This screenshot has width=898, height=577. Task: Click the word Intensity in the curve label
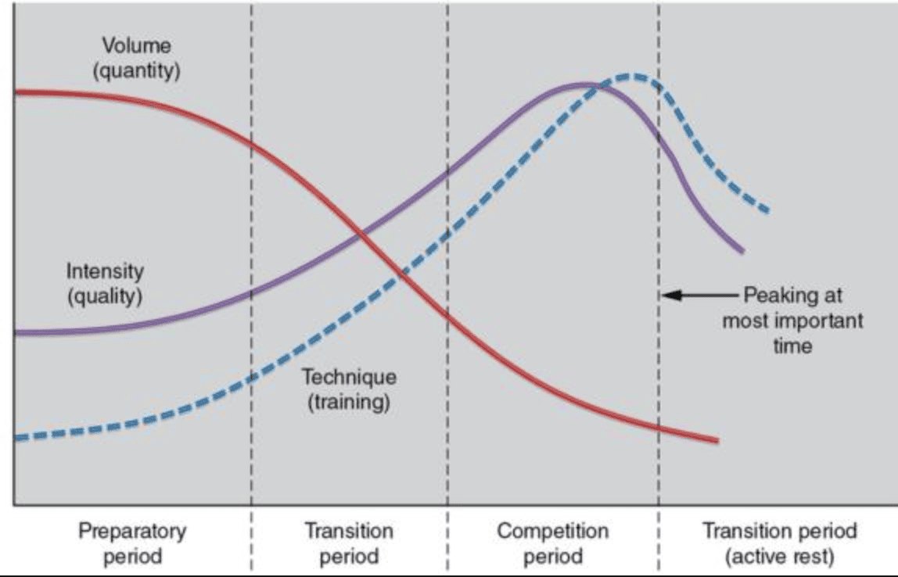coord(105,271)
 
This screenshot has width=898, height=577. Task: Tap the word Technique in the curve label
coord(349,377)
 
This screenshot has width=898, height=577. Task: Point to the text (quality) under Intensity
coord(105,297)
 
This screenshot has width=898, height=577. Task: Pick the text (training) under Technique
coord(349,403)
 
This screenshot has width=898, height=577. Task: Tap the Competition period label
coord(552,543)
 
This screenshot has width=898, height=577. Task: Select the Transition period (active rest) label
coord(779,543)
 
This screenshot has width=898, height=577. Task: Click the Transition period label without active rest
coord(349,543)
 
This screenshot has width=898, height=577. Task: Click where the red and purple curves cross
coord(360,232)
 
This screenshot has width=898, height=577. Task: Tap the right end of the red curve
coord(717,441)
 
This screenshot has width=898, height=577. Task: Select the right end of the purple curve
coord(742,251)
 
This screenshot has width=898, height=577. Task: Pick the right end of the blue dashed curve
coord(768,210)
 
